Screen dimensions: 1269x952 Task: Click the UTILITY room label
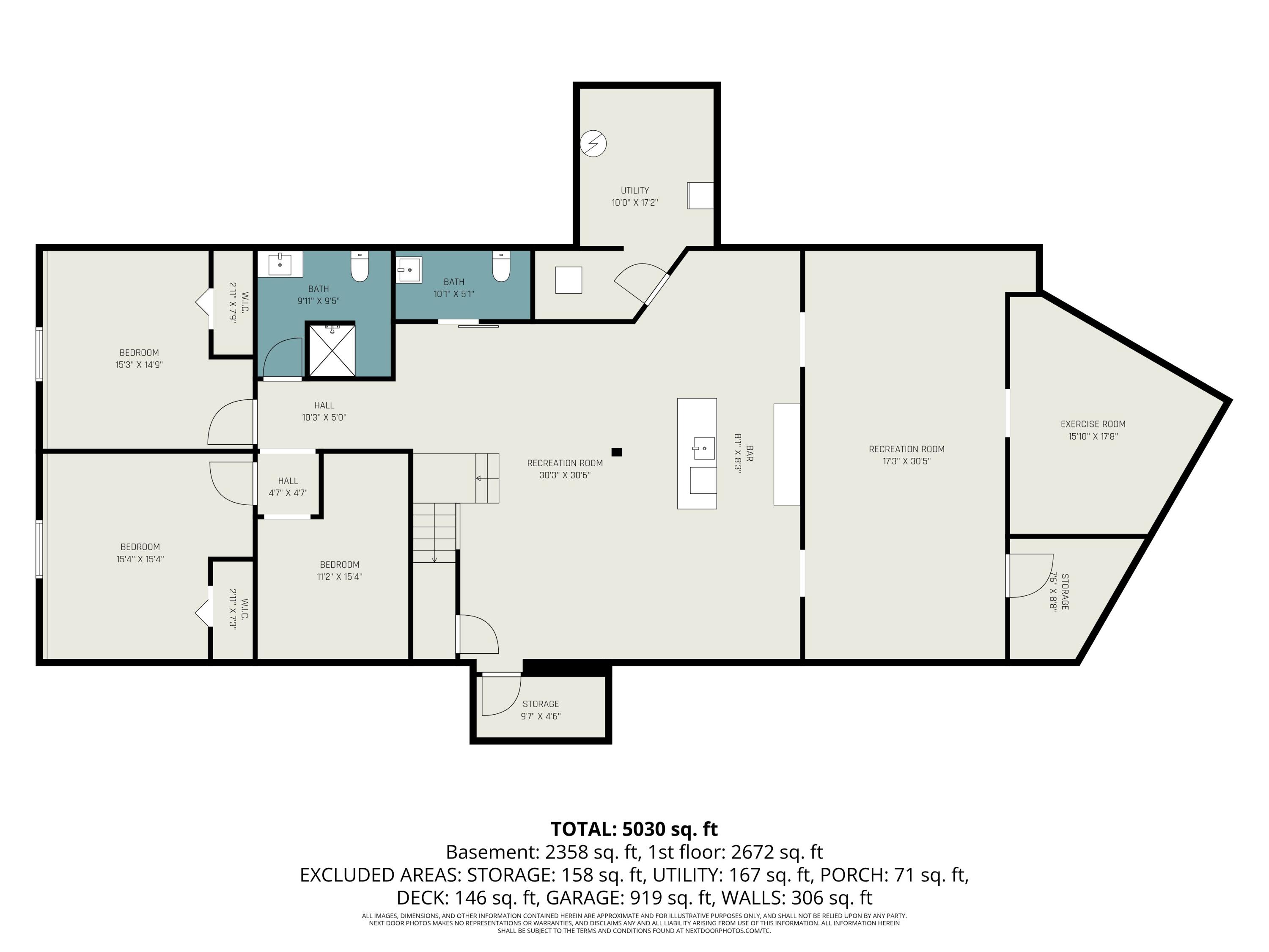click(x=634, y=190)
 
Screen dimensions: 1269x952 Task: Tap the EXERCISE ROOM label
click(x=1093, y=424)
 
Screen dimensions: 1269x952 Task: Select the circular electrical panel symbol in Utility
click(x=593, y=143)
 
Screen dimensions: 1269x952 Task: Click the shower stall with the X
click(x=332, y=350)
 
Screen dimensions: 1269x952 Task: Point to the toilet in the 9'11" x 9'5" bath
click(x=360, y=267)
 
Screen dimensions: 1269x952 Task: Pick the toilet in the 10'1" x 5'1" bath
click(x=501, y=267)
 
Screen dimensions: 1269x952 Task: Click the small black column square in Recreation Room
click(x=617, y=452)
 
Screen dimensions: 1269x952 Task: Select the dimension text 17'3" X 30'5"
click(x=906, y=461)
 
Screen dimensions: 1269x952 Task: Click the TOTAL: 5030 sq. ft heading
click(x=634, y=829)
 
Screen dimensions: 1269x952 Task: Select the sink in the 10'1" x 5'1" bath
click(x=409, y=270)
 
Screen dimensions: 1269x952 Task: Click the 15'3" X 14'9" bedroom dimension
click(x=139, y=364)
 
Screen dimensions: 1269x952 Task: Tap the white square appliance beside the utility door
click(x=569, y=281)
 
